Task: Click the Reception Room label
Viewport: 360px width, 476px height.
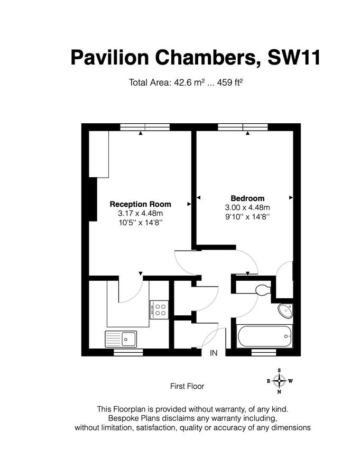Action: pos(140,204)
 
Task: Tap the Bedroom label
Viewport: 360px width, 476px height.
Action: pos(244,198)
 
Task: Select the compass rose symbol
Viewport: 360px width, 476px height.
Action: pos(280,380)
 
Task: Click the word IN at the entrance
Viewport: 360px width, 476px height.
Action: pos(214,353)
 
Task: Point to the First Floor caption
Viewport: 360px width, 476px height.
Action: pos(187,386)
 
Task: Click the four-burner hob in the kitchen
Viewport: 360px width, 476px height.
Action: pos(159,308)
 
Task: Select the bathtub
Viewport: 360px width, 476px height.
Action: pos(264,336)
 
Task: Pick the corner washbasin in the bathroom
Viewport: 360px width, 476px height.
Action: pos(286,311)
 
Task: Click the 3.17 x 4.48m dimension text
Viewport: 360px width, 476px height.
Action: pos(140,214)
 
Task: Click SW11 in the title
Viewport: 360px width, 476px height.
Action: pos(294,57)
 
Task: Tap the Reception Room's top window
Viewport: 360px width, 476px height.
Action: pos(144,127)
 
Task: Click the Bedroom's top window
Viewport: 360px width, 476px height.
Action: pos(243,127)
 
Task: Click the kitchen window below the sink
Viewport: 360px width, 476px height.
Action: pos(128,351)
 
